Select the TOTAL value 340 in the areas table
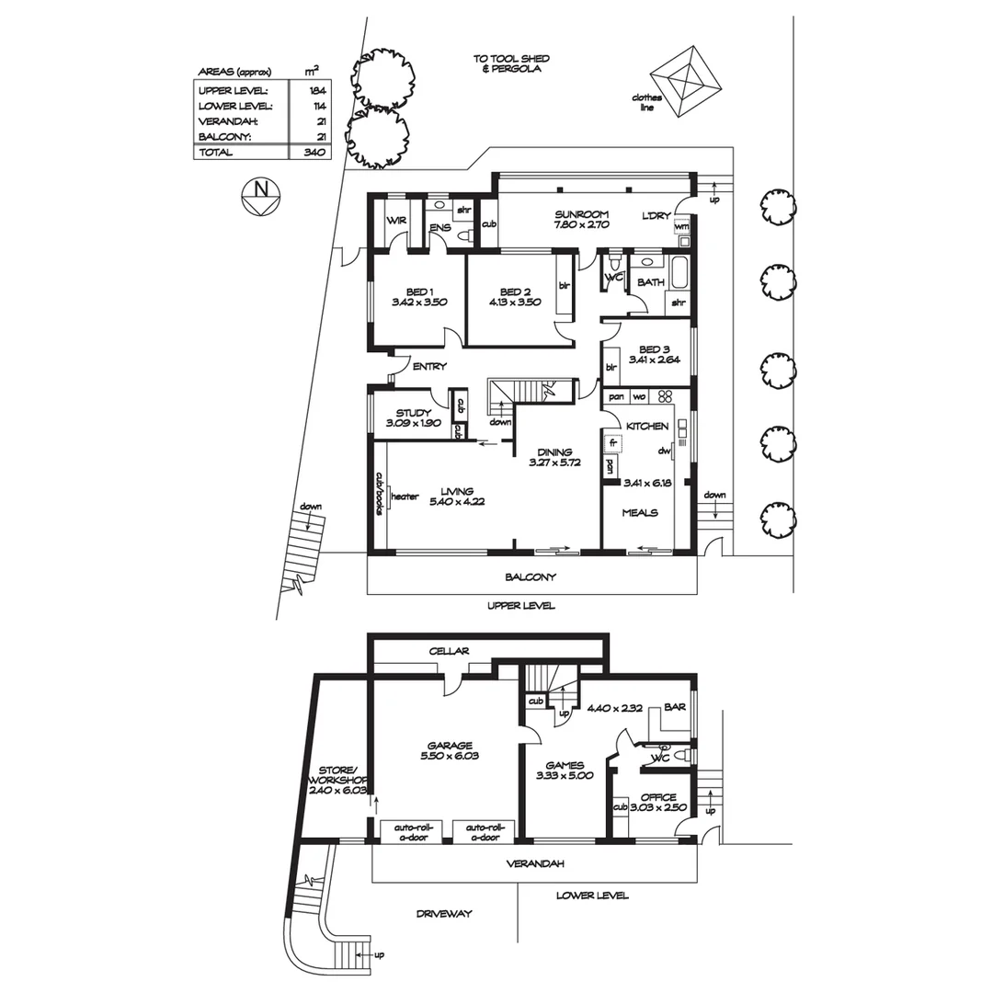(314, 153)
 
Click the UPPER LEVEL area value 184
(318, 90)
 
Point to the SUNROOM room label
(581, 214)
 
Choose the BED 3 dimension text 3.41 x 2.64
(654, 360)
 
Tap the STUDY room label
(414, 413)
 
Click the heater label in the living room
(405, 496)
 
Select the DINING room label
(556, 452)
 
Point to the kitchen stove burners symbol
(667, 397)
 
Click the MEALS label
(640, 512)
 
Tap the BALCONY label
(531, 577)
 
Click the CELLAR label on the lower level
(450, 651)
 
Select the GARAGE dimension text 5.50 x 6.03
(449, 757)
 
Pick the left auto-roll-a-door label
(412, 831)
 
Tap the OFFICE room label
(658, 797)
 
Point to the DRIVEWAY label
(443, 913)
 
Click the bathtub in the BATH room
(679, 274)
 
